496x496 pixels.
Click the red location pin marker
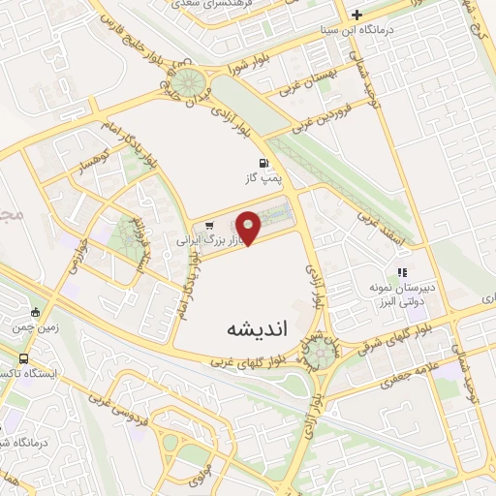click(249, 227)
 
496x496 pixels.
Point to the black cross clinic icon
click(356, 15)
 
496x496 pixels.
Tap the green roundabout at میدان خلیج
click(188, 81)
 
